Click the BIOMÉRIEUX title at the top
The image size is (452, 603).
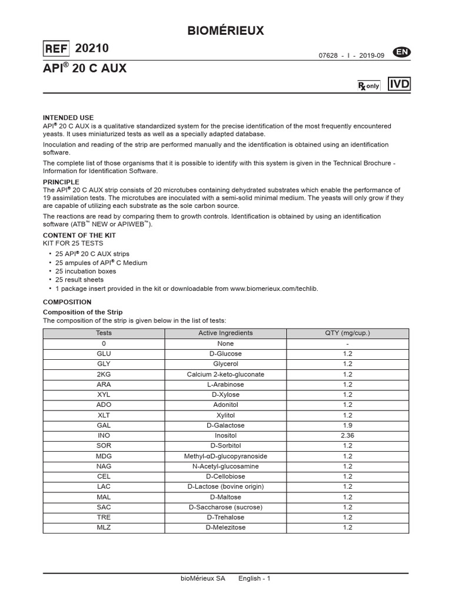tap(225, 31)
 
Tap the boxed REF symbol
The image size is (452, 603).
tap(56, 49)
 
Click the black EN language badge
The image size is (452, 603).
tap(403, 52)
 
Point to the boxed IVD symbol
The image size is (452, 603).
tap(400, 84)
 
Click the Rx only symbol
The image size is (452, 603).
tap(369, 86)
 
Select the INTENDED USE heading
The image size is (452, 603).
tap(68, 118)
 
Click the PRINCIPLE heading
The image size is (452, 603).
tap(61, 182)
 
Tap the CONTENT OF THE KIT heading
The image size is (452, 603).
tap(79, 236)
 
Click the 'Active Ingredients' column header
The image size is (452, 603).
tap(225, 333)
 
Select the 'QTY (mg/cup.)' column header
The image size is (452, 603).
tap(347, 333)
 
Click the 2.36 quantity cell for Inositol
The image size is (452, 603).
tap(347, 436)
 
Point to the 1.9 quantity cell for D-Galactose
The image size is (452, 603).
tap(347, 425)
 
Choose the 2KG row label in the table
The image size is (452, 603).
tap(104, 374)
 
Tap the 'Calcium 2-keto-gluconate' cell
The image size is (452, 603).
tap(225, 374)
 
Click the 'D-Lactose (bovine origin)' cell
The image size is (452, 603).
tap(225, 486)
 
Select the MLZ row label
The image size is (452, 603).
tap(104, 528)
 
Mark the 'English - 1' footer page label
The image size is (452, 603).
tap(254, 579)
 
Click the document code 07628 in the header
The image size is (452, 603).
tap(328, 55)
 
